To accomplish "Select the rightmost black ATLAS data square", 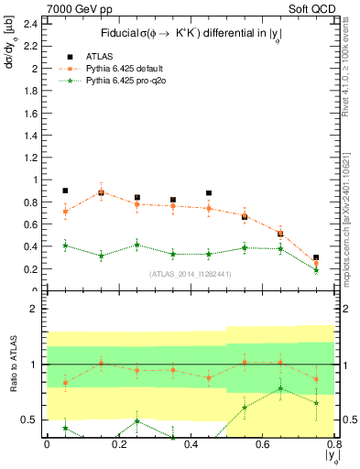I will [x=316, y=258].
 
